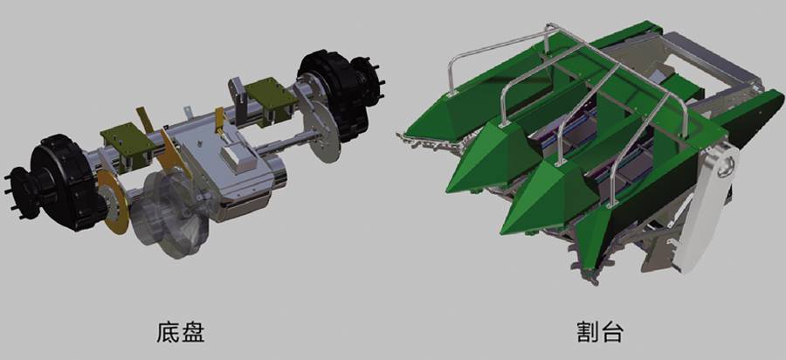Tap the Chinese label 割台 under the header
[600, 332]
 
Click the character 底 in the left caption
[168, 332]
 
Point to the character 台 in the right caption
[612, 332]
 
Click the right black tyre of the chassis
[334, 95]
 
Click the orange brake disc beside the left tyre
[113, 202]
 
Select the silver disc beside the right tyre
[321, 128]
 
